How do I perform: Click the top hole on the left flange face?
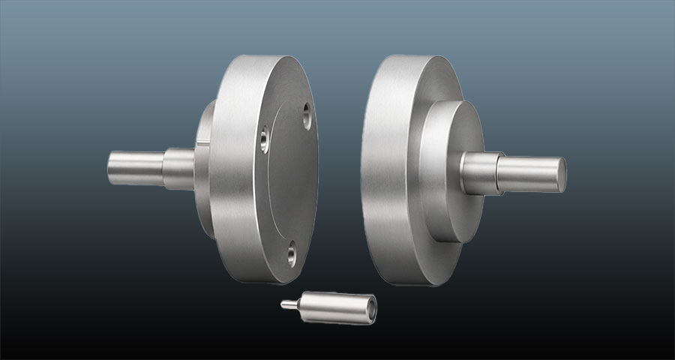[x=306, y=113]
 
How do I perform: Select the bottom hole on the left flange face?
[x=291, y=256]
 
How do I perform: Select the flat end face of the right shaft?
[x=559, y=173]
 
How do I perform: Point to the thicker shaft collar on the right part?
[x=479, y=173]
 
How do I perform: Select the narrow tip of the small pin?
[x=286, y=304]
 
